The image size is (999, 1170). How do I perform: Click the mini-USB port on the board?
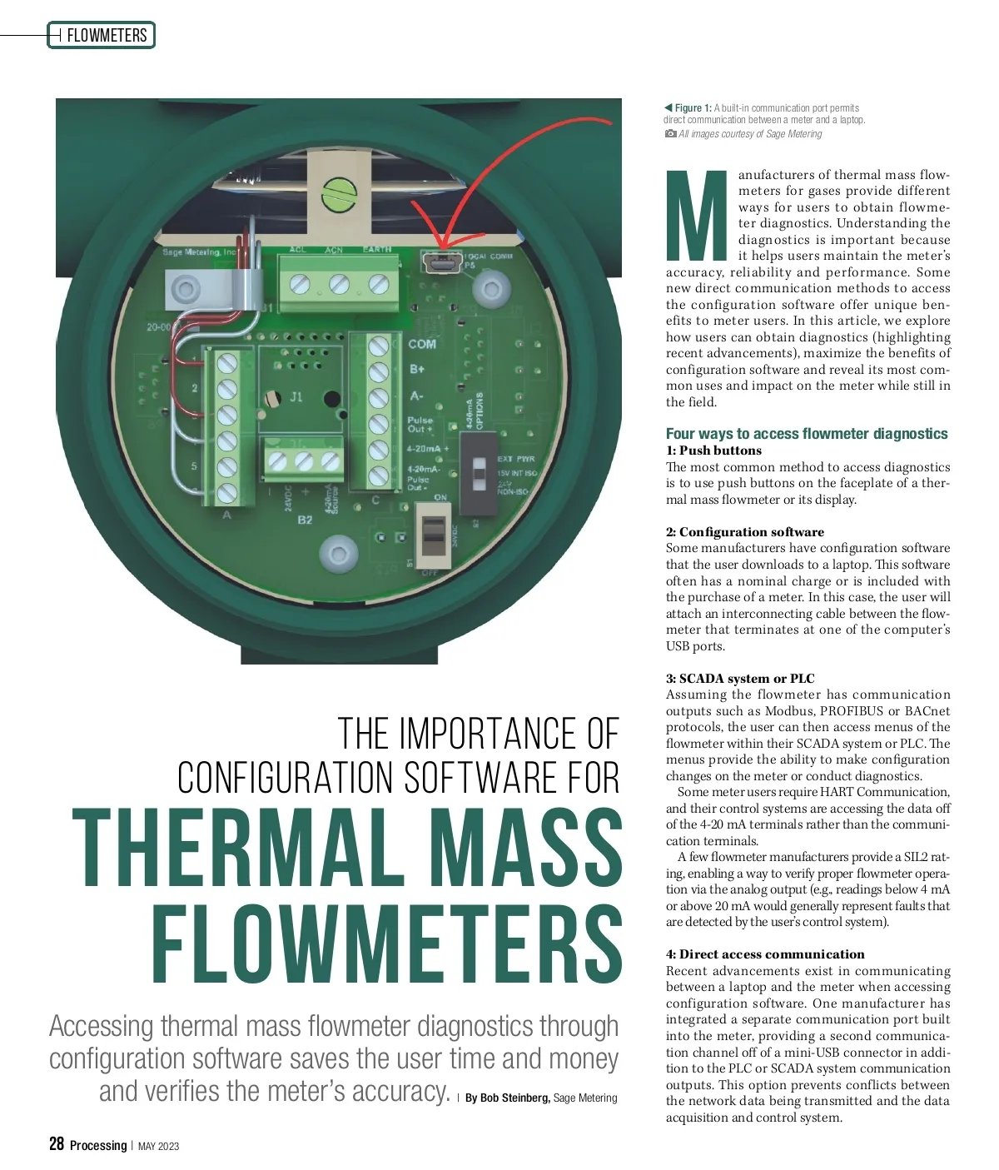coord(441,263)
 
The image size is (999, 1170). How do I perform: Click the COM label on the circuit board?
coord(422,344)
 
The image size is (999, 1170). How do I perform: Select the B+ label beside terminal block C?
coord(417,369)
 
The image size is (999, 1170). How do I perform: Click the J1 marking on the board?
coord(296,397)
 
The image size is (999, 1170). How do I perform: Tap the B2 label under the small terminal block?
coord(305,520)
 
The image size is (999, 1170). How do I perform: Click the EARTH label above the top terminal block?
coord(377,250)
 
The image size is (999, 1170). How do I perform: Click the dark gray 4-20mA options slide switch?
coord(478,476)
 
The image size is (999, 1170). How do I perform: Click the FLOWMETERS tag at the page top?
coord(106,36)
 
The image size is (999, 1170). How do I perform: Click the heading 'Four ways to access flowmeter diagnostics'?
coord(806,434)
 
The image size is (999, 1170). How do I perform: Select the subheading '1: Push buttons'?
coord(713,451)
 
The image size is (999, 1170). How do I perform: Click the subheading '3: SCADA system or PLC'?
coord(739,679)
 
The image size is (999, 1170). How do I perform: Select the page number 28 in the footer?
coord(57,1143)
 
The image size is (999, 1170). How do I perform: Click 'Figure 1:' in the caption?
coord(693,108)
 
